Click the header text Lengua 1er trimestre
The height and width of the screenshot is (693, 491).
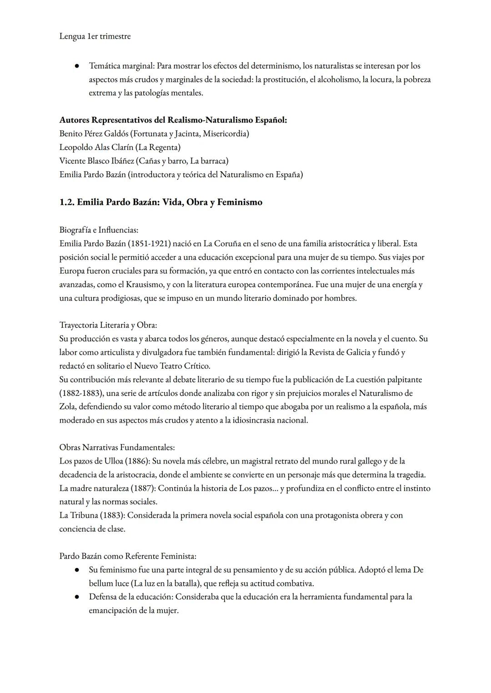coord(95,36)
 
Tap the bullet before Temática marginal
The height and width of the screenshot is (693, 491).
coord(78,66)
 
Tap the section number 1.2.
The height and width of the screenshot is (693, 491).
coord(66,202)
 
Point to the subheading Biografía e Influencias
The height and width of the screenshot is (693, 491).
coord(99,230)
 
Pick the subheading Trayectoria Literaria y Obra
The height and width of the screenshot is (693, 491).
coord(108,325)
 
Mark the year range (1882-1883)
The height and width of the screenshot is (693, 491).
coord(81,393)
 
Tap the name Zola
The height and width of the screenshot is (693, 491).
coord(68,407)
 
